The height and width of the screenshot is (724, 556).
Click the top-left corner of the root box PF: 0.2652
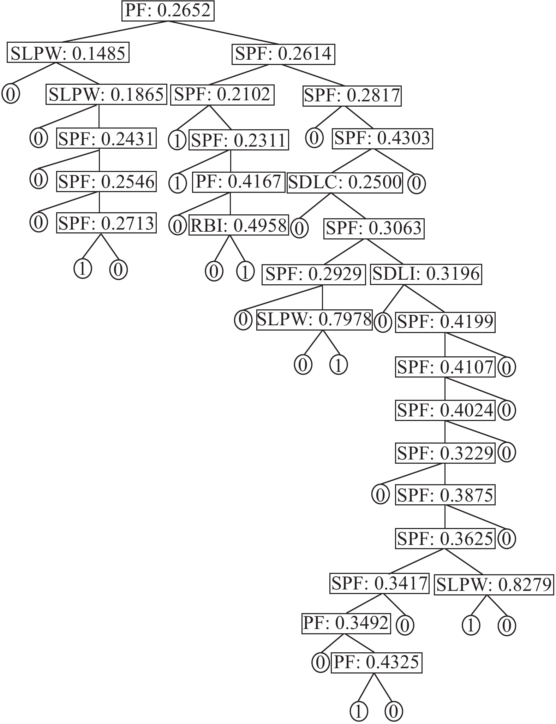pyautogui.click(x=122, y=1)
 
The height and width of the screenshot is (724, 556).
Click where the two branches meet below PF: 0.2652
pyautogui.click(x=168, y=21)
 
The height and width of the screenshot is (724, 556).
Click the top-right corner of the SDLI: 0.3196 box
pyautogui.click(x=482, y=265)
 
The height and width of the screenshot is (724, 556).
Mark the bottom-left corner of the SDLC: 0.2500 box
pyautogui.click(x=287, y=193)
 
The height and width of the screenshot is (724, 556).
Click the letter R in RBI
pyautogui.click(x=196, y=225)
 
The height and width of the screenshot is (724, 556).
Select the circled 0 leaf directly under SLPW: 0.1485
pyautogui.click(x=11, y=95)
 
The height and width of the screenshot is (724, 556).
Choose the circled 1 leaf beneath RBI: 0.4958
pyautogui.click(x=245, y=271)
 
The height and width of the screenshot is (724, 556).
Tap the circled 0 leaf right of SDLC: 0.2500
pyautogui.click(x=417, y=184)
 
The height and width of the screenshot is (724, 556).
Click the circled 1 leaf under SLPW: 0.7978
pyautogui.click(x=339, y=365)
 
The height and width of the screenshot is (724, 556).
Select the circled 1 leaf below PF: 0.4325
pyautogui.click(x=359, y=711)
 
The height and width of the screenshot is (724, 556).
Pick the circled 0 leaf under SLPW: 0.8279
pyautogui.click(x=507, y=626)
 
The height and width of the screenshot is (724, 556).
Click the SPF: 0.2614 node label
pyautogui.click(x=283, y=54)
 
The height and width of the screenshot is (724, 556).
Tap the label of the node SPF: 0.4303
pyautogui.click(x=382, y=138)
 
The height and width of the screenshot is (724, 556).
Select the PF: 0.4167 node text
pyautogui.click(x=239, y=182)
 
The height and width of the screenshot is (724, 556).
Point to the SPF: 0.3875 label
pyautogui.click(x=445, y=495)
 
